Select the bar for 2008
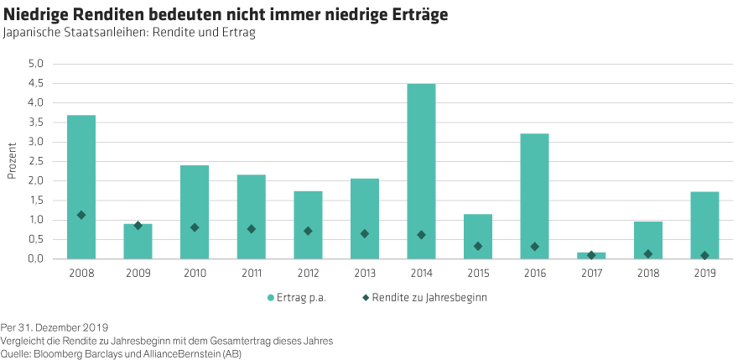coord(81,186)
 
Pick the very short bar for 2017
coord(591,255)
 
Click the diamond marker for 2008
coord(81,216)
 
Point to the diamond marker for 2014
coord(421,235)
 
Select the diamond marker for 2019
coord(704,255)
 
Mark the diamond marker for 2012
coord(308,231)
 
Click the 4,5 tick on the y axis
coord(36,83)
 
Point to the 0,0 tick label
coord(36,259)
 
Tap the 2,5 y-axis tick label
coord(36,161)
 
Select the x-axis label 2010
coord(195,274)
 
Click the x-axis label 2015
coord(478,274)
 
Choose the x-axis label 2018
coord(647,274)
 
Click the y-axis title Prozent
coord(12,160)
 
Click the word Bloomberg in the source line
coord(55,353)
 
